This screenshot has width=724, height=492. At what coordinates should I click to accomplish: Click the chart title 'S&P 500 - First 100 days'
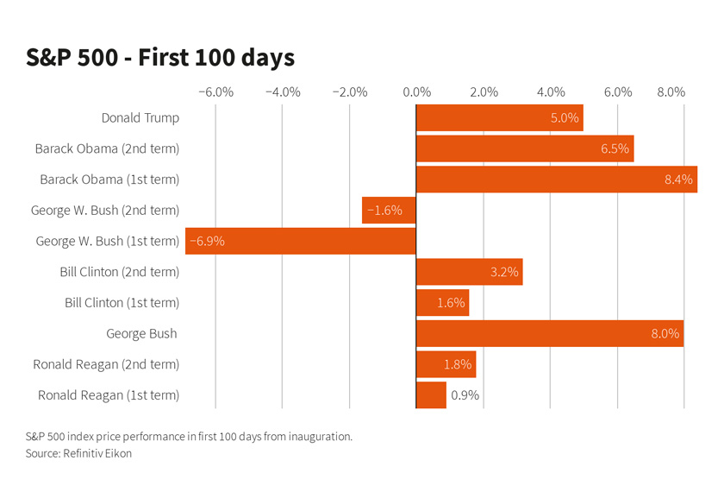coord(160,58)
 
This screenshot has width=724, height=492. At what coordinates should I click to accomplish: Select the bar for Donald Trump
coord(499,118)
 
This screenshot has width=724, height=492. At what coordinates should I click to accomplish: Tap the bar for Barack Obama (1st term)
coord(556,180)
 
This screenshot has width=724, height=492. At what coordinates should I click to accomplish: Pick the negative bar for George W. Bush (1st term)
coord(301,241)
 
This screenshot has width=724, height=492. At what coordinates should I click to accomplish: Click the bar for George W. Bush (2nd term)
coord(389,211)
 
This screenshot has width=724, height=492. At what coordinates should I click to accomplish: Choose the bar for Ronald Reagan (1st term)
coord(431,395)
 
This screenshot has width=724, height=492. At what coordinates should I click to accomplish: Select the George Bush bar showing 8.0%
coord(549,334)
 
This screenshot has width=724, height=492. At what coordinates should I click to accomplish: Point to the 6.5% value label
coord(615,148)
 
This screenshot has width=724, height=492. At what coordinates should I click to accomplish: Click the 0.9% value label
coord(465,395)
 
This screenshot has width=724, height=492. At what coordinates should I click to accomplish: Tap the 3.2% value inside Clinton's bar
coord(504,272)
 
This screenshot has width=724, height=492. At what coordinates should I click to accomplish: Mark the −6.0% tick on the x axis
coord(215,92)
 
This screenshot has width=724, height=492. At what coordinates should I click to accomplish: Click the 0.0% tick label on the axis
coord(416,92)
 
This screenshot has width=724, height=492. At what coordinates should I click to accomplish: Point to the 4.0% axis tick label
coord(551,92)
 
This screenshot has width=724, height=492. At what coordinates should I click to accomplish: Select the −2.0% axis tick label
coord(350,92)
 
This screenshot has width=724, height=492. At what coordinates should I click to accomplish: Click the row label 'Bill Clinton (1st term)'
coord(122,303)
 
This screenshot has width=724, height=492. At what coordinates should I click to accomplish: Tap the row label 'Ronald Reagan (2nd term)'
coord(106,364)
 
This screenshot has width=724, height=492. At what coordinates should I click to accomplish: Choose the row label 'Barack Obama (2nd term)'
coord(107,148)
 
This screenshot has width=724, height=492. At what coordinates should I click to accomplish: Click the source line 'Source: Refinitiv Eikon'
coord(78,453)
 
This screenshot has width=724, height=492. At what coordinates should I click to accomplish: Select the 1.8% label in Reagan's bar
coord(458,364)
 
